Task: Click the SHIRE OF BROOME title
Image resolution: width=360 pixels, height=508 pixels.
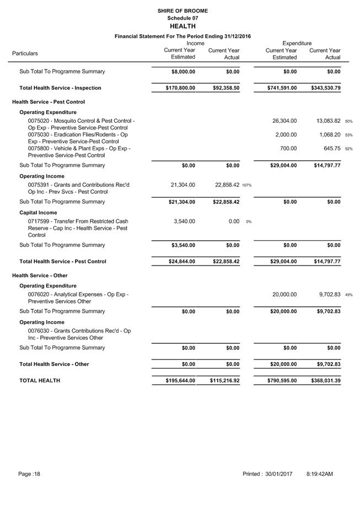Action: (x=182, y=10)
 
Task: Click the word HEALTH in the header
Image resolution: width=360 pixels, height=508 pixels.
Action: (x=182, y=26)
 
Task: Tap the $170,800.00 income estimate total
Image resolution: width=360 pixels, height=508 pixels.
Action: (x=180, y=88)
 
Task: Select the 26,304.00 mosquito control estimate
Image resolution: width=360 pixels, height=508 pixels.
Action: (x=284, y=121)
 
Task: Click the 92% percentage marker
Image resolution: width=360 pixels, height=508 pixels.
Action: (x=349, y=149)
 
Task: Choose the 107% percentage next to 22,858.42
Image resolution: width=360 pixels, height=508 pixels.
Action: (x=246, y=185)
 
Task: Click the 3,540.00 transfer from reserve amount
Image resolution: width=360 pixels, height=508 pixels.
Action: (x=183, y=221)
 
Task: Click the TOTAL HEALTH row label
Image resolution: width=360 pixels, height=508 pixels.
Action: (x=40, y=380)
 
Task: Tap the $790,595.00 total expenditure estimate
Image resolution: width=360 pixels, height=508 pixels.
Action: (x=282, y=380)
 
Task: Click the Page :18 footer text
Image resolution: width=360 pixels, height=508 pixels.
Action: (x=29, y=474)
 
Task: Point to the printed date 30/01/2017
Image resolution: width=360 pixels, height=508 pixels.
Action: (x=278, y=474)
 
